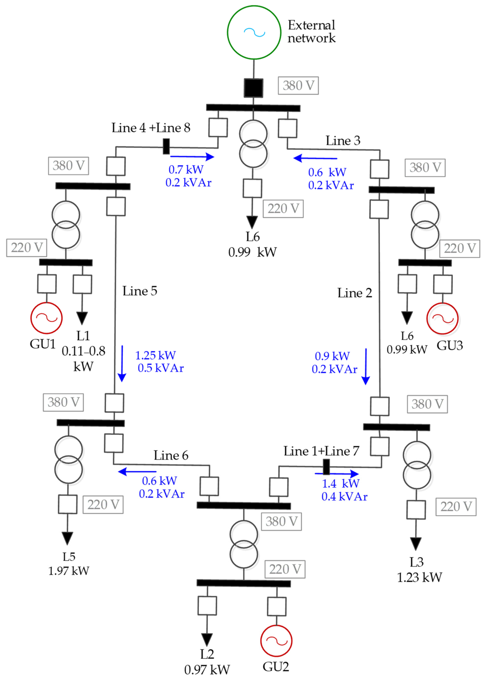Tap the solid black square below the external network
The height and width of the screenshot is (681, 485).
coord(253,88)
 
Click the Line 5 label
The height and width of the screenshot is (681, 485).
coord(140,291)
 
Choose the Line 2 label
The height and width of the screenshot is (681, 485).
coord(355,293)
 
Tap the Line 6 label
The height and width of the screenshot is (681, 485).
coord(171,455)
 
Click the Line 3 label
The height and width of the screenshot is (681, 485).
coord(343,141)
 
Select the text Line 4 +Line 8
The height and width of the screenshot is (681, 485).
coord(151,128)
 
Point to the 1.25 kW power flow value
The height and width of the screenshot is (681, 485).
coord(156,355)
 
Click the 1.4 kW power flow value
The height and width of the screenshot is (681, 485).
coord(341,483)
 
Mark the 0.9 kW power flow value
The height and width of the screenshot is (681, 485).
coord(332,356)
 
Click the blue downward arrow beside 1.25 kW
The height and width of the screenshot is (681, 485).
coord(122,364)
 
